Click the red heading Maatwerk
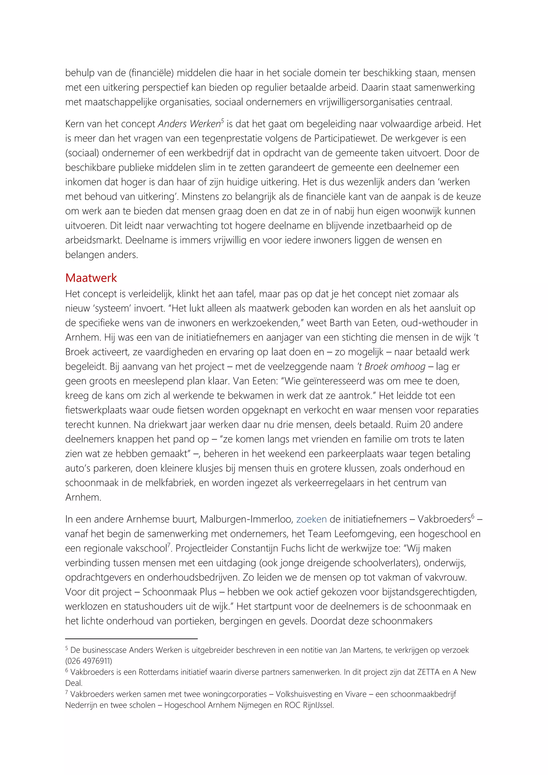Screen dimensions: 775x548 [91, 278]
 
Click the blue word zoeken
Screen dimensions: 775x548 [311, 519]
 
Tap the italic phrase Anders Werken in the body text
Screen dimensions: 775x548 [189, 124]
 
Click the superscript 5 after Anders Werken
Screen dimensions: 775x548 [222, 121]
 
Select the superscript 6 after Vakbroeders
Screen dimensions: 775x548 [473, 516]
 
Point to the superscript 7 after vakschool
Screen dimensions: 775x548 [169, 545]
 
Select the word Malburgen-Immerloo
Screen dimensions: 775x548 [246, 519]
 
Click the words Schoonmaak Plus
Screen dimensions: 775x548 [180, 592]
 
